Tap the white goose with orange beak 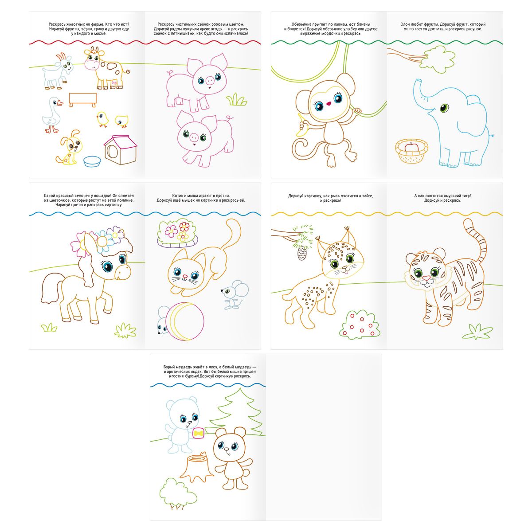tap(52, 115)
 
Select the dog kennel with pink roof tap(120, 150)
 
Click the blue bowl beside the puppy tap(92, 161)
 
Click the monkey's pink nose tap(329, 104)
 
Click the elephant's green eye tap(444, 108)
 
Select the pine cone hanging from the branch tap(301, 253)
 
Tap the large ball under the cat tap(186, 321)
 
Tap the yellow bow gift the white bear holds tap(199, 433)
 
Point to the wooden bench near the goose tap(82, 100)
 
